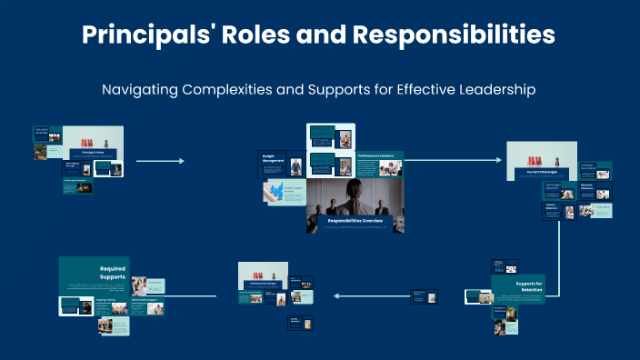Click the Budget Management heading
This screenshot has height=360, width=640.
pyautogui.click(x=272, y=158)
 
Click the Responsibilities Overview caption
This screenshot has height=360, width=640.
pyautogui.click(x=355, y=221)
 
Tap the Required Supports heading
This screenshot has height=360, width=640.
pyautogui.click(x=114, y=274)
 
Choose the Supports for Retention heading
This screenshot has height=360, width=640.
pyautogui.click(x=520, y=287)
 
